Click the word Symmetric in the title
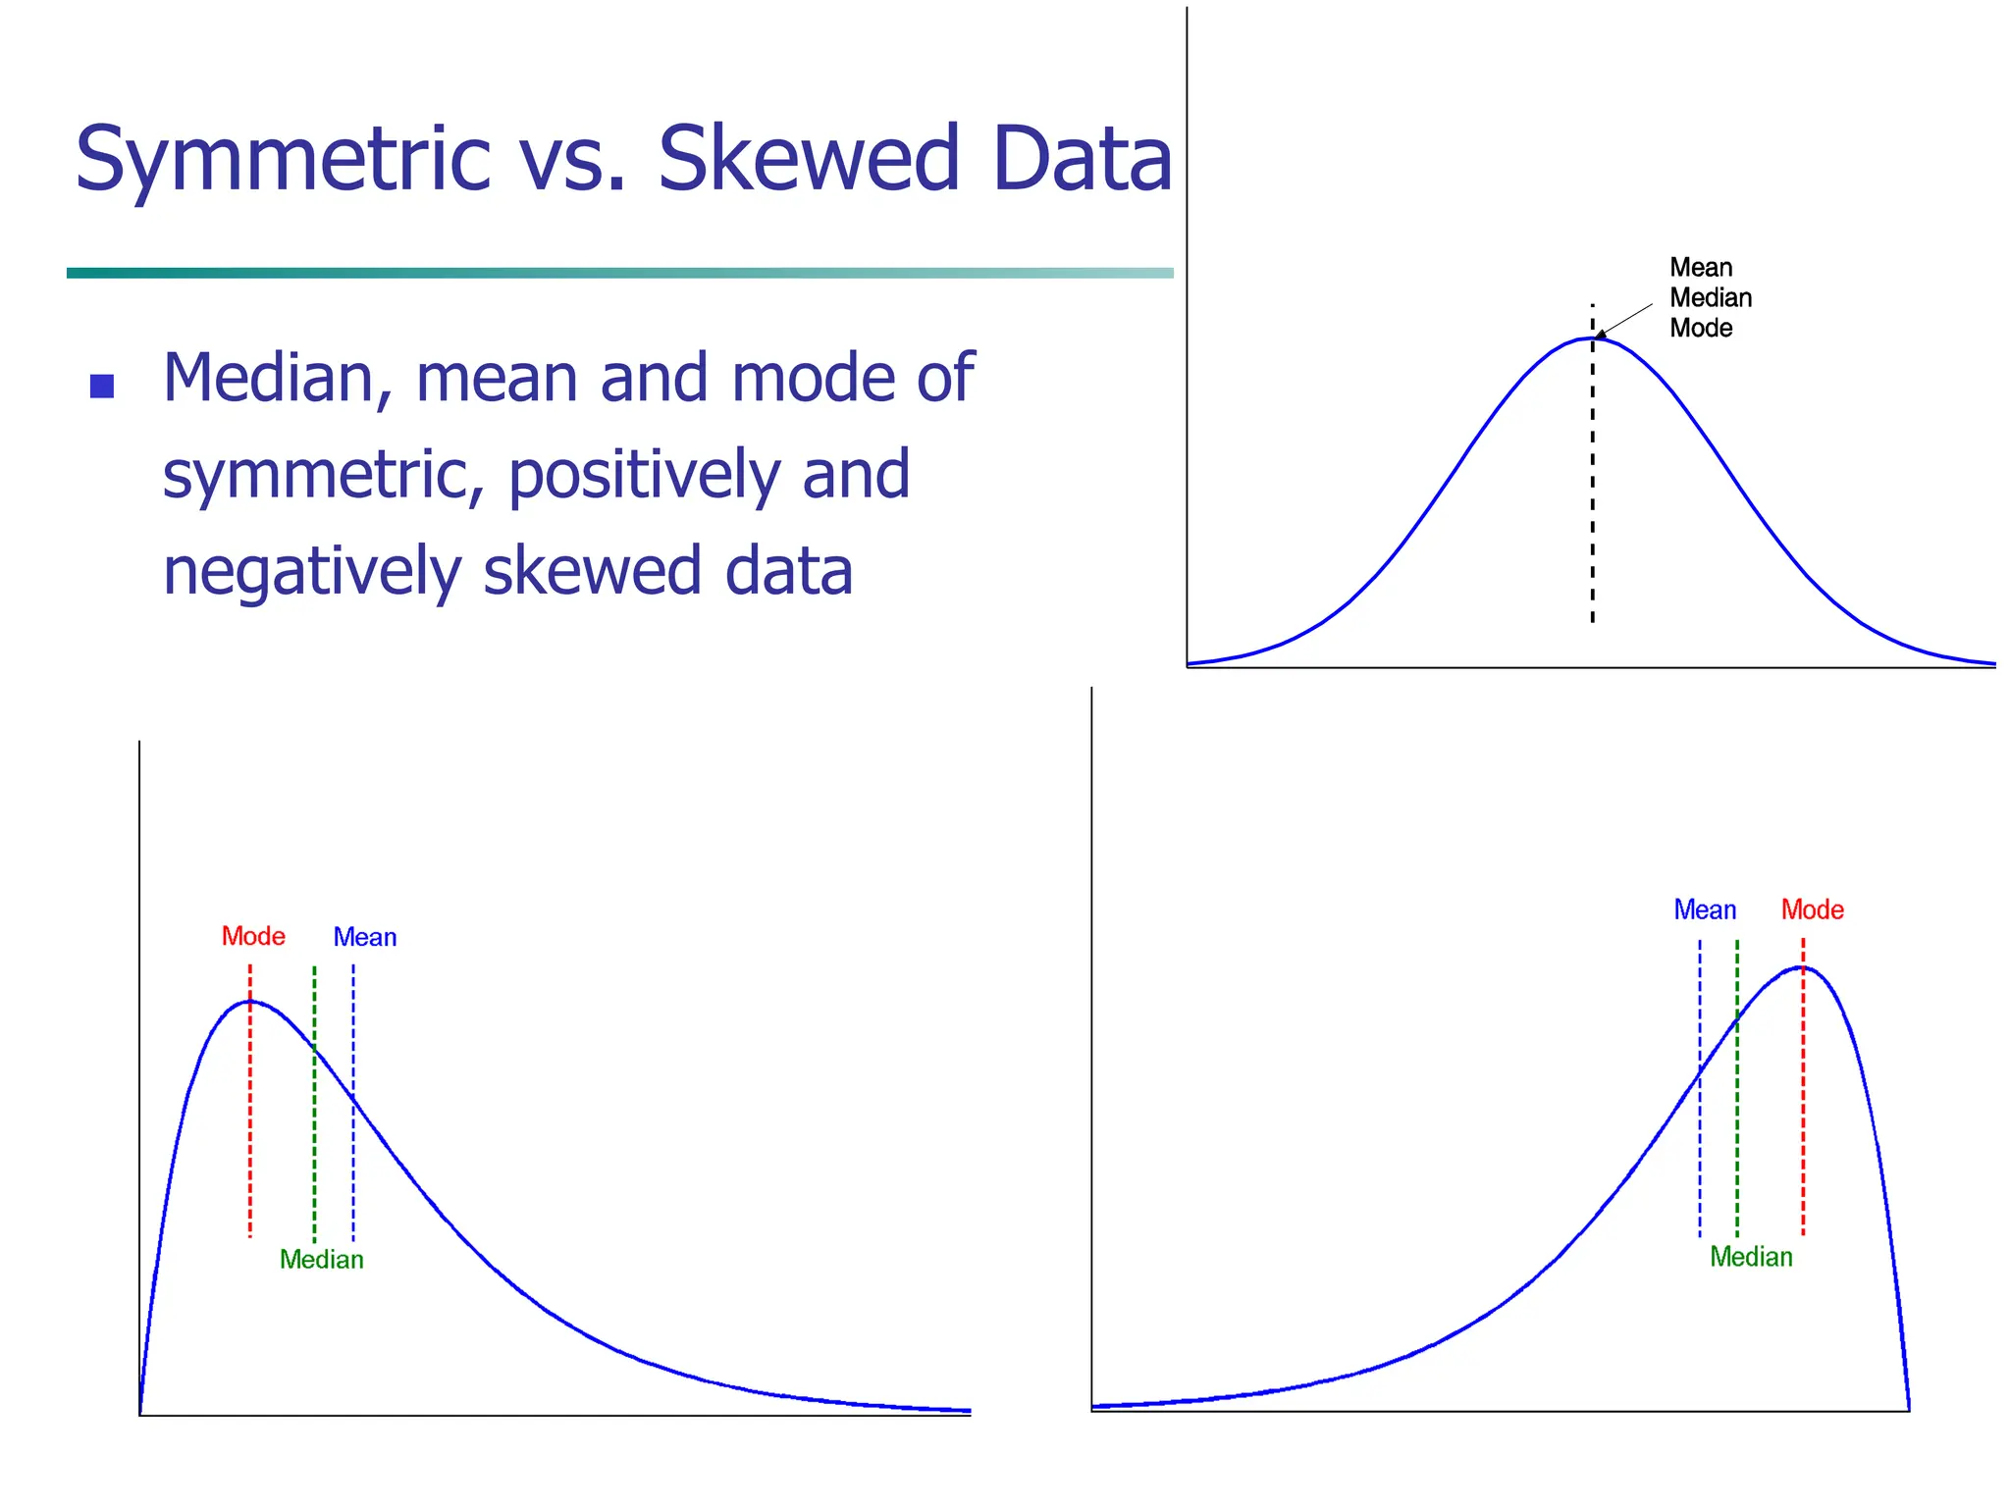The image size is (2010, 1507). (x=283, y=159)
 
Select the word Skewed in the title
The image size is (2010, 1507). (x=808, y=159)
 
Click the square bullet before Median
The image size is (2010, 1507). (x=102, y=386)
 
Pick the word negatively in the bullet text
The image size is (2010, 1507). (x=311, y=571)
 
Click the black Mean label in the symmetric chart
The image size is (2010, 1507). (x=1701, y=268)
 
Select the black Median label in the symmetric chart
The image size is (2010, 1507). (x=1711, y=298)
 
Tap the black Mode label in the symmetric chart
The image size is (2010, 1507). (x=1701, y=329)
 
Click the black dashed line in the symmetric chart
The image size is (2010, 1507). (x=1592, y=491)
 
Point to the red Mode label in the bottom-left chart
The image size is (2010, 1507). (x=253, y=937)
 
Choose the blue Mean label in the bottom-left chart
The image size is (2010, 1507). (x=365, y=938)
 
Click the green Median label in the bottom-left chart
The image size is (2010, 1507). (x=322, y=1260)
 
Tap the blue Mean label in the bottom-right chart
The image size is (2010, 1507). (x=1705, y=910)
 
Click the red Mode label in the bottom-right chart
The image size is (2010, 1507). (x=1813, y=910)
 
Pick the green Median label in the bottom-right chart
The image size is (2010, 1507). (x=1751, y=1258)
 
